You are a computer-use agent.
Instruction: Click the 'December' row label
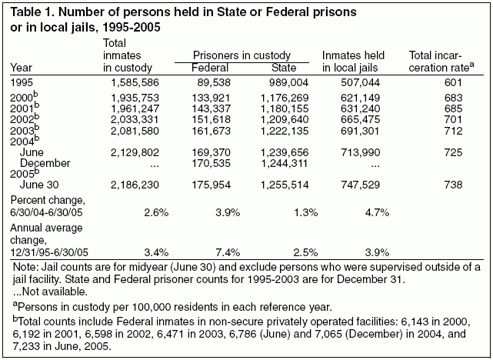click(x=45, y=164)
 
